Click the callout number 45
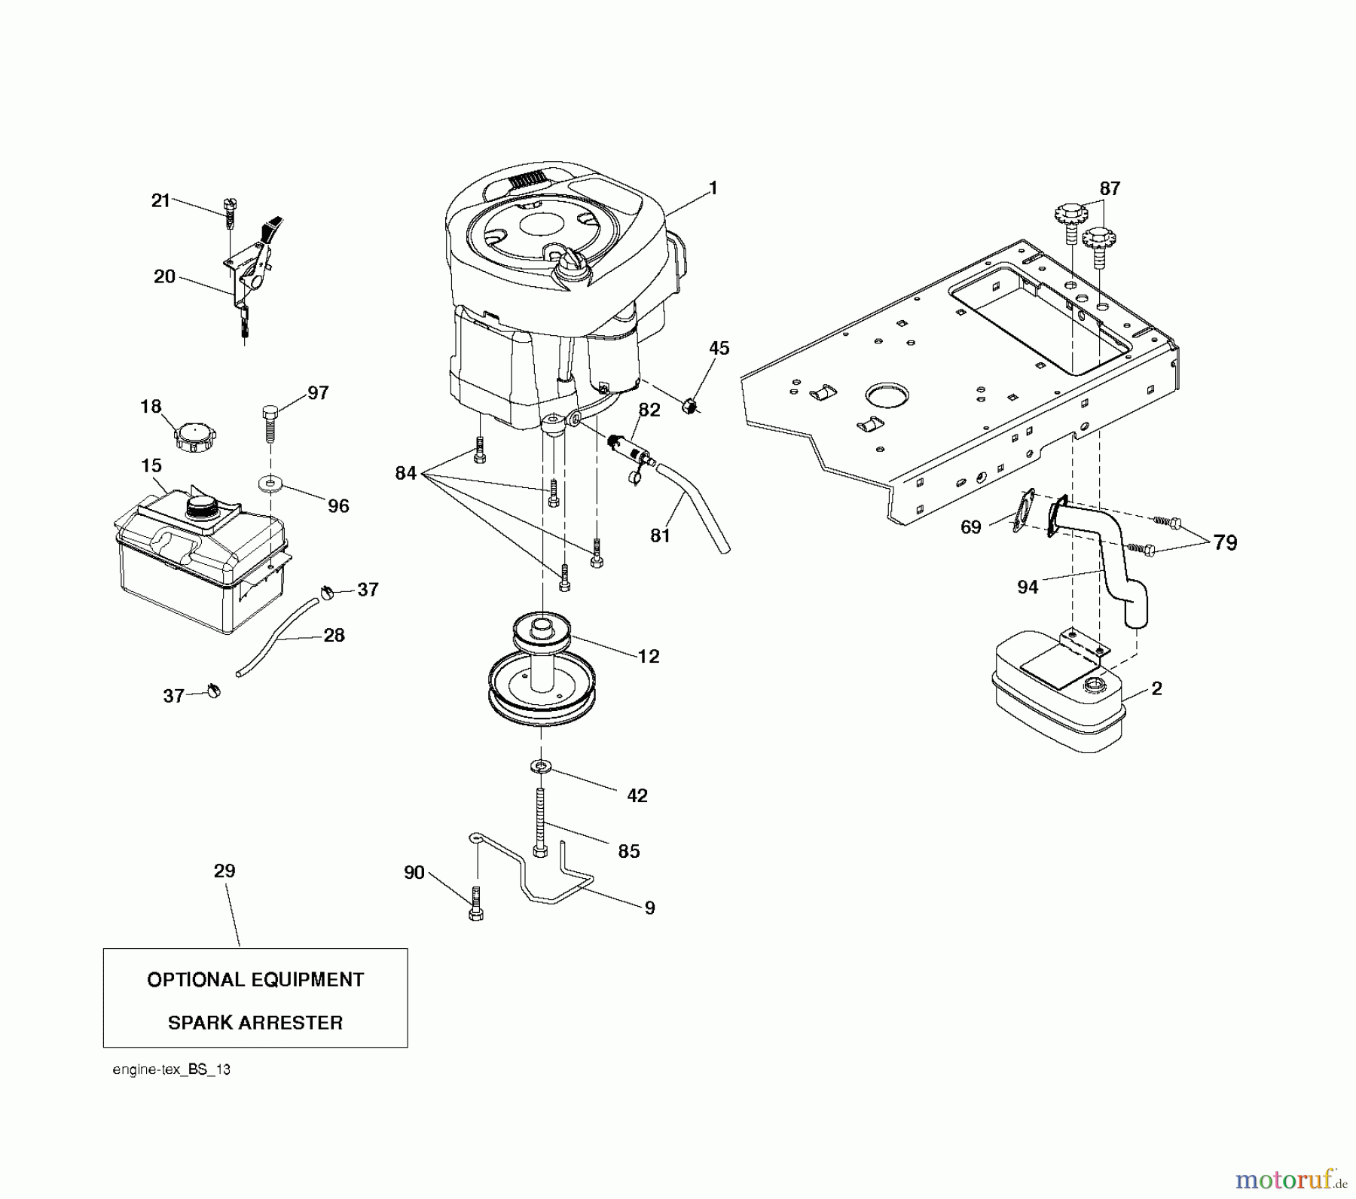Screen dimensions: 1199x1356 point(719,349)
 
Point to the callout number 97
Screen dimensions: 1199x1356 point(318,393)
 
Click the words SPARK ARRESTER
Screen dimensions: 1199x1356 point(255,1023)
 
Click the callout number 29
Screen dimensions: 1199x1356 point(224,871)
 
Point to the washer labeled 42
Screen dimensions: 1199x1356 point(540,767)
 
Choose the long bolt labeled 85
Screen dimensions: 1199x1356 point(540,820)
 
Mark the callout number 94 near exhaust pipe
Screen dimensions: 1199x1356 point(1028,587)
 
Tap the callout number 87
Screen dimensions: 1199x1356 point(1110,189)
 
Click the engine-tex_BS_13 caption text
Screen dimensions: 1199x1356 point(171,1069)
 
